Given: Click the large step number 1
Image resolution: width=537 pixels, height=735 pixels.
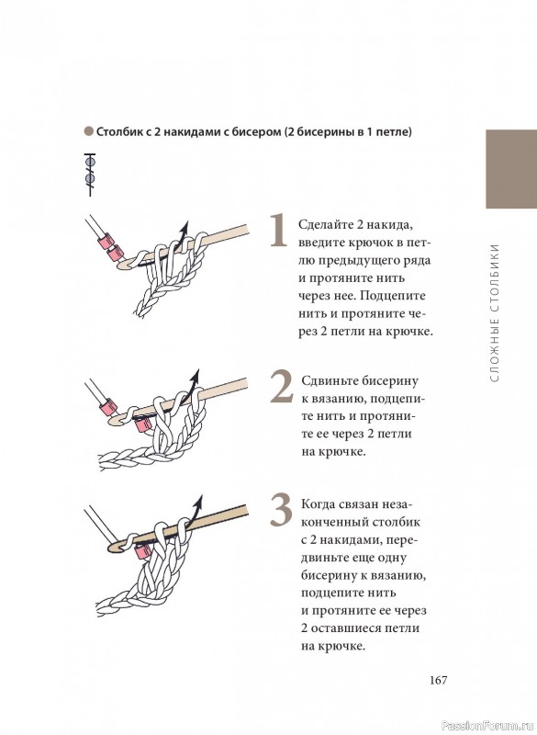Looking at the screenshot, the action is (x=279, y=230).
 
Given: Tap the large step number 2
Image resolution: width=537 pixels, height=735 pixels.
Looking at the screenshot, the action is (x=282, y=388).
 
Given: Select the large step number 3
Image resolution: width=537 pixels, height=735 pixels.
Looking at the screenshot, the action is (x=281, y=511).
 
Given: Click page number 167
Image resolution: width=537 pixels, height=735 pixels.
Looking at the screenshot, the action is (x=438, y=680).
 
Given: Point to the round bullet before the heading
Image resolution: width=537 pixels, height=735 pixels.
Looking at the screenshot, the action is (x=88, y=131).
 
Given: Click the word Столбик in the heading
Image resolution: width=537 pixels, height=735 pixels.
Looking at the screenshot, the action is (x=117, y=131).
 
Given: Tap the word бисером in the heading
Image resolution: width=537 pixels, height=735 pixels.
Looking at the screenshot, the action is (x=258, y=132).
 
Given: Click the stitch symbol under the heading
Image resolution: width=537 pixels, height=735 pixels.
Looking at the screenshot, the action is (x=90, y=174).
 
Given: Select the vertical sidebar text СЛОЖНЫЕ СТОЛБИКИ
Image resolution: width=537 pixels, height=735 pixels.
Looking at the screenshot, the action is (x=496, y=311).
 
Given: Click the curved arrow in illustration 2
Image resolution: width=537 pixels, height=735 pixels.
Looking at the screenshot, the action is (x=190, y=385).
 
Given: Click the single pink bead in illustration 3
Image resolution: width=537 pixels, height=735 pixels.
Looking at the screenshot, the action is (x=141, y=552).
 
